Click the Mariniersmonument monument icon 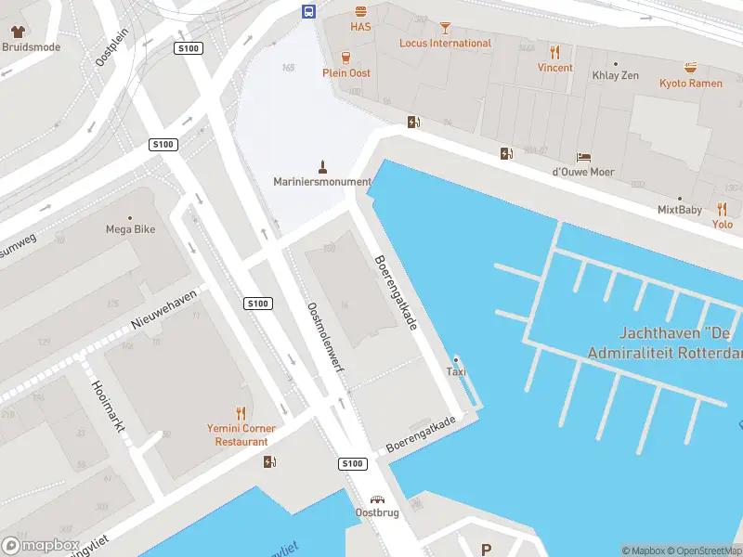323,167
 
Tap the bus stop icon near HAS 307,11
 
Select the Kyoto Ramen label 690,84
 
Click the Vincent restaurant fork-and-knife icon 555,52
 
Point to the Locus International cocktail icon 445,28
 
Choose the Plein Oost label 346,72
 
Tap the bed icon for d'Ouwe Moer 583,157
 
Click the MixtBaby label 680,210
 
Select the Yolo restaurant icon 722,209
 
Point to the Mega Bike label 130,229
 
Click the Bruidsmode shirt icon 17,32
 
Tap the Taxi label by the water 456,372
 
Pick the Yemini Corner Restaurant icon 241,413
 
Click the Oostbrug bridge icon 376,499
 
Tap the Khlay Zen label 616,75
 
